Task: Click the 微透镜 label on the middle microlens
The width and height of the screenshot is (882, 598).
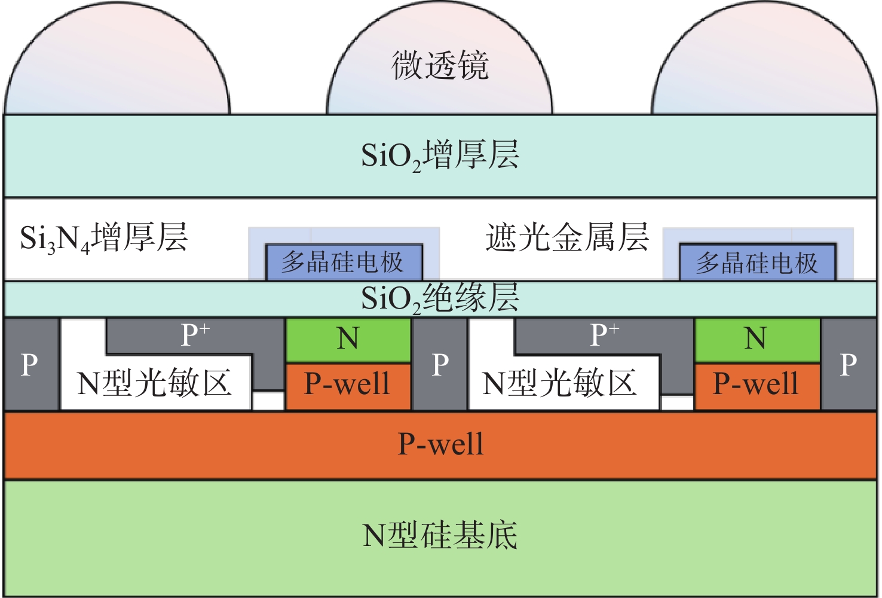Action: (440, 66)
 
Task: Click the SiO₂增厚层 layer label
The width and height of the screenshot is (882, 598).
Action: (440, 155)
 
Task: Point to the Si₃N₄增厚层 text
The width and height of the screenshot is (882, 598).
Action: (104, 238)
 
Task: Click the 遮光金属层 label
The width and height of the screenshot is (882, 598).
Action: (567, 237)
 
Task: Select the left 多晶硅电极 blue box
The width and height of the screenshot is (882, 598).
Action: (344, 262)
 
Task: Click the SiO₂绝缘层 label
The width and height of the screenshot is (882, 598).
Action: (440, 298)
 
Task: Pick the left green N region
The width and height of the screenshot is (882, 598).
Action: (348, 339)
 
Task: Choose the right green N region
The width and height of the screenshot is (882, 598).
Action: (757, 339)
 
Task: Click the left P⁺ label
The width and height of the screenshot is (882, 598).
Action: (195, 335)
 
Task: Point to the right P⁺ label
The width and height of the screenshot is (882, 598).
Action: (604, 335)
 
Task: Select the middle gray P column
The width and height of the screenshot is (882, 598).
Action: (440, 364)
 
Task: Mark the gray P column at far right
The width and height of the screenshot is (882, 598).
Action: (849, 364)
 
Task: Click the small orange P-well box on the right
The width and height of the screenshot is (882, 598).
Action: (757, 385)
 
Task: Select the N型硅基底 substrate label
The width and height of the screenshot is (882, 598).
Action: (440, 536)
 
